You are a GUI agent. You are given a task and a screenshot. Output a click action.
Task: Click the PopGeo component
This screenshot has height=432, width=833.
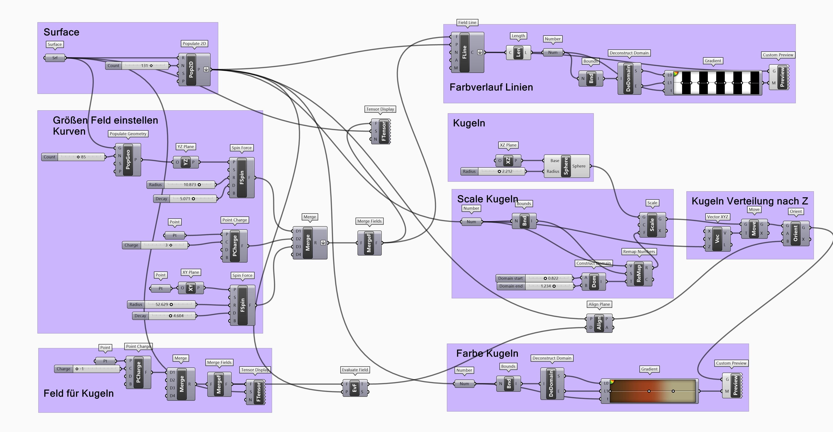(128, 160)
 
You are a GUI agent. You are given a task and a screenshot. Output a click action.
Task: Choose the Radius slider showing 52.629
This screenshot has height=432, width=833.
(161, 305)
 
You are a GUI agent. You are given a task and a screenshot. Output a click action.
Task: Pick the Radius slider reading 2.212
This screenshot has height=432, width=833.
(493, 172)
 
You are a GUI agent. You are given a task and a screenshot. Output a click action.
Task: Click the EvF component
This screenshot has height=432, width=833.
(354, 388)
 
